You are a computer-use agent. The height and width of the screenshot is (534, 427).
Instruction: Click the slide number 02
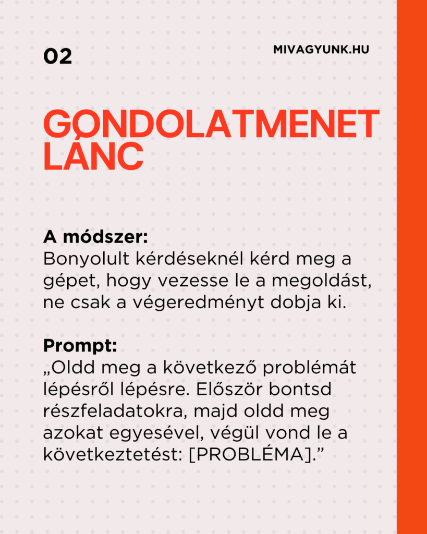click(57, 56)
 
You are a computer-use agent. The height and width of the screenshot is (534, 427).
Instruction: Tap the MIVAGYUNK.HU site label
click(321, 51)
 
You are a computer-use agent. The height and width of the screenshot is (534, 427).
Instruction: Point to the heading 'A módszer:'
click(96, 237)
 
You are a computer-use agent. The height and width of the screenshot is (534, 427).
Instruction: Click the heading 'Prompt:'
click(80, 345)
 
